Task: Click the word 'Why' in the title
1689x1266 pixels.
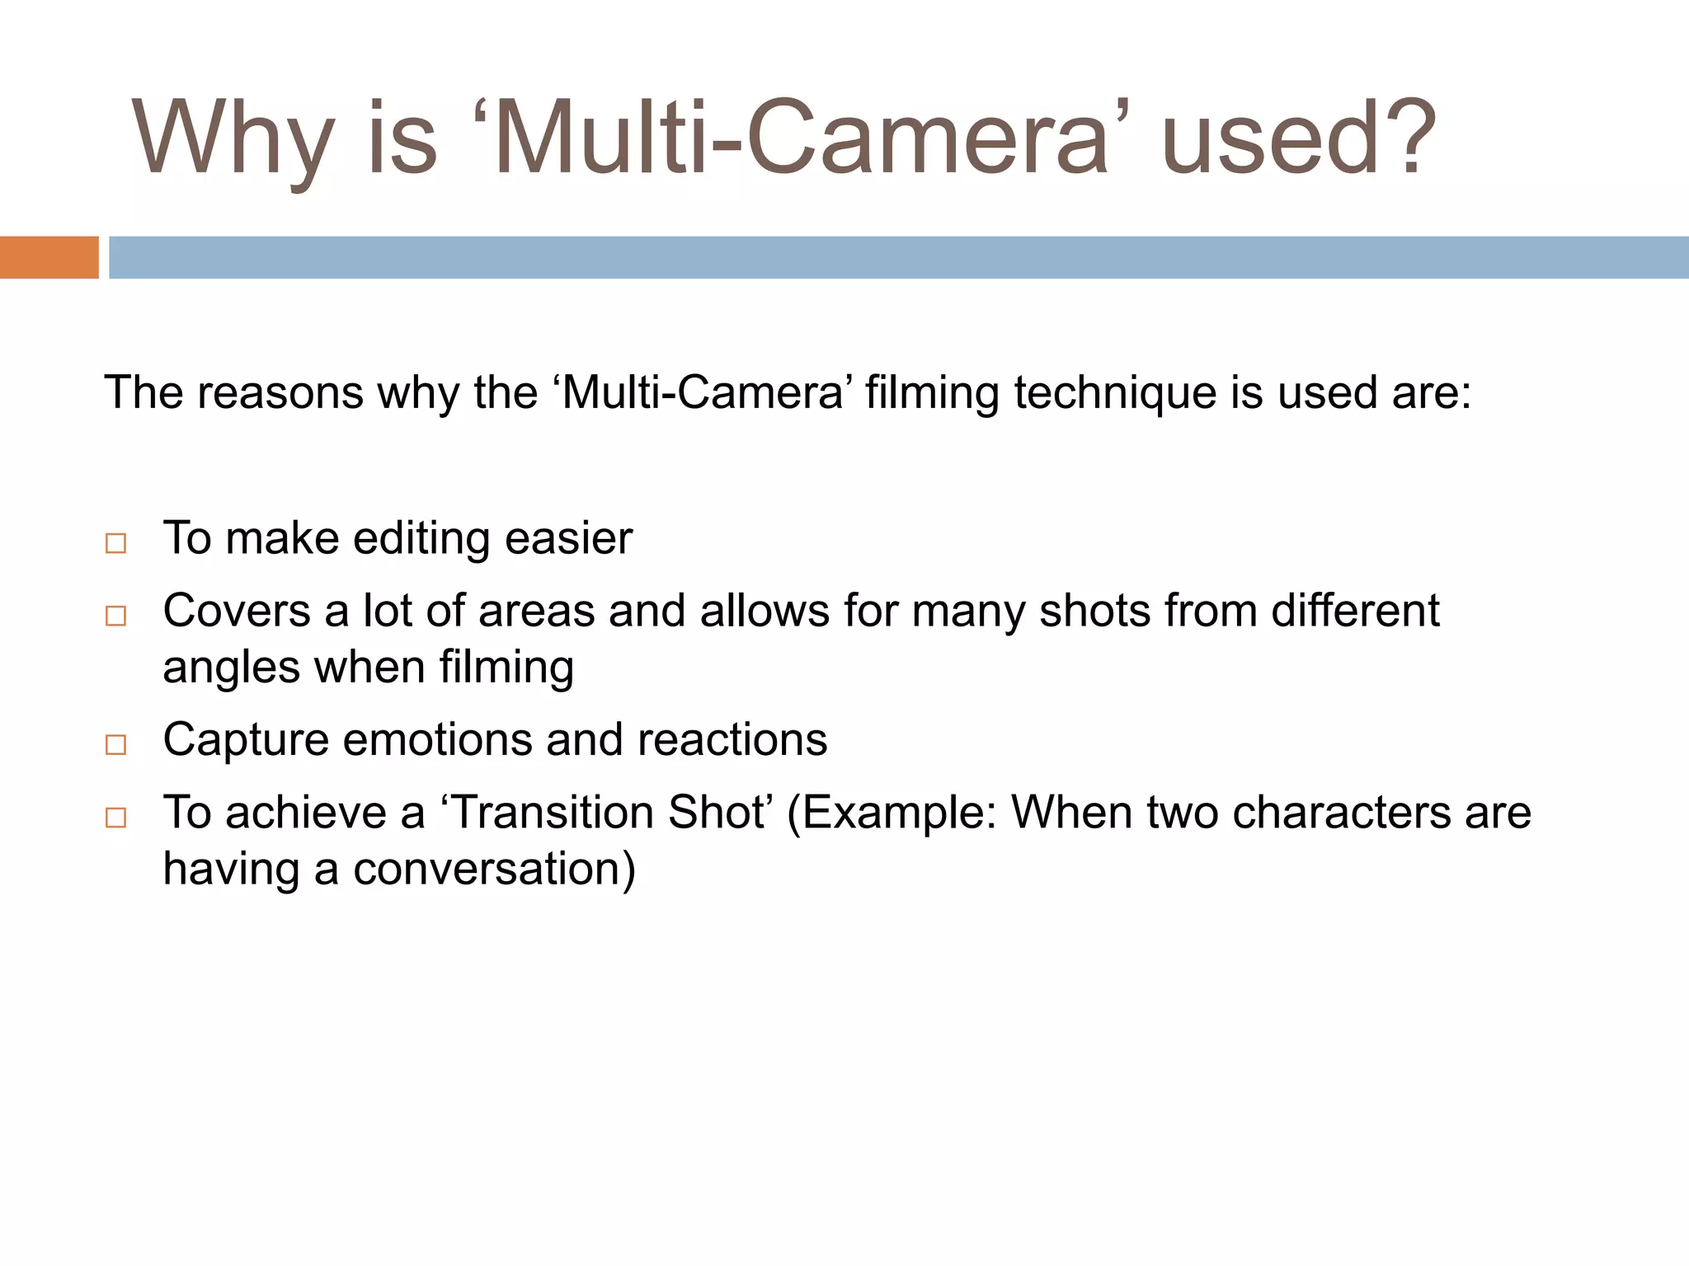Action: point(233,138)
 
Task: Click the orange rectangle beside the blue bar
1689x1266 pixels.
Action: point(49,257)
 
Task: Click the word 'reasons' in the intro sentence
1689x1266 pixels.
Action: point(280,392)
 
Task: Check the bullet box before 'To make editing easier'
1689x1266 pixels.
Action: point(116,543)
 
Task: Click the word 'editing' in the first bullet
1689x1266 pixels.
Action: point(421,539)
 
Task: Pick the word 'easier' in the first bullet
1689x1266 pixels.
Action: point(568,539)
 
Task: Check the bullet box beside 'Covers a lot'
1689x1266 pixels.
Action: point(116,616)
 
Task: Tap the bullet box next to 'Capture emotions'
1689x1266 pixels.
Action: point(116,744)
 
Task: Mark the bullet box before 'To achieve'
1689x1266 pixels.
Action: point(116,817)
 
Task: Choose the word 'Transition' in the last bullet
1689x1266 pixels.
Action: point(553,813)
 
